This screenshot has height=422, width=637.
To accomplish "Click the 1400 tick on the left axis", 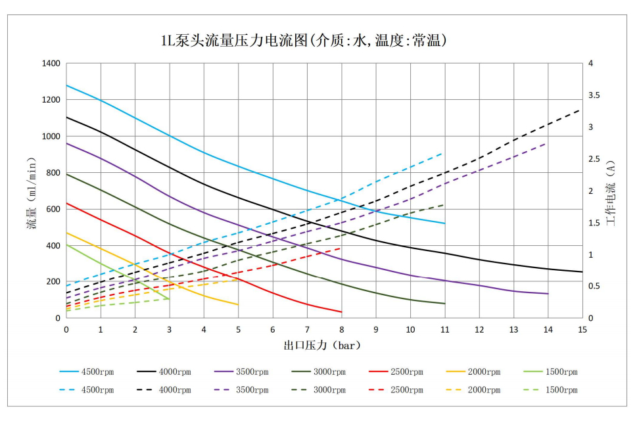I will coord(51,64).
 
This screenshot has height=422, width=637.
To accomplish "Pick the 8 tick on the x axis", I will coord(342,329).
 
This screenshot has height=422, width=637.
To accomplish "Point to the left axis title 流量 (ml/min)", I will coord(31,191).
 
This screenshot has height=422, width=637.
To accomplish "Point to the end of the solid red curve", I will coord(342,312).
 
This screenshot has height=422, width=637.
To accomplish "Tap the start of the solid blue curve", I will coord(66,85).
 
